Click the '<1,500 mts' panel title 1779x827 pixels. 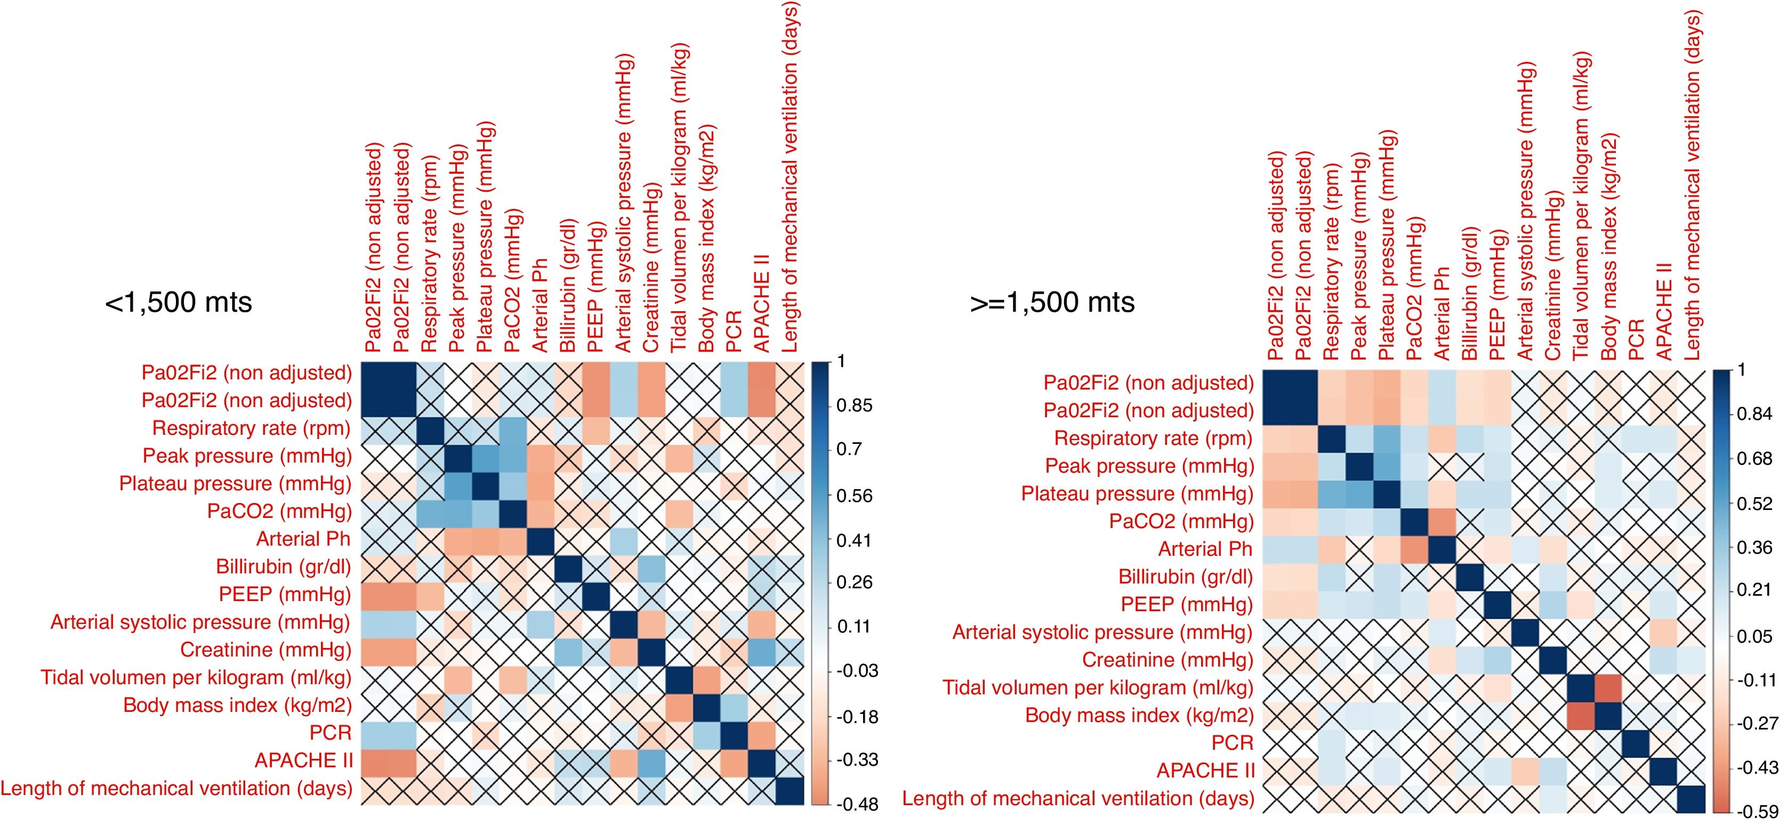click(x=178, y=302)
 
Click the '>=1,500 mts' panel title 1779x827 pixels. click(x=1052, y=302)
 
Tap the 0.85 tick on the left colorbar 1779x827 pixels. click(x=854, y=405)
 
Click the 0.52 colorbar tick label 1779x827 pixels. click(x=1754, y=503)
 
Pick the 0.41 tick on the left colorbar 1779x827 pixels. click(x=854, y=540)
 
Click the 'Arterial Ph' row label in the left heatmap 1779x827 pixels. click(x=303, y=539)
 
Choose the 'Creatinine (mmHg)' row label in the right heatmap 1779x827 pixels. click(x=1167, y=660)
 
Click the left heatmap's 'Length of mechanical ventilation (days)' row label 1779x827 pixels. click(x=176, y=788)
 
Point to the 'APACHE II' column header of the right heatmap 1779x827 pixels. click(x=1664, y=311)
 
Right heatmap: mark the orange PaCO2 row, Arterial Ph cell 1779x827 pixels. click(x=1442, y=521)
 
